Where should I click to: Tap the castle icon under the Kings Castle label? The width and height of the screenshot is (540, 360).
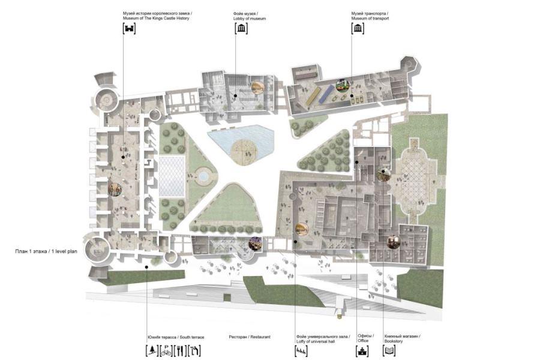coord(130,28)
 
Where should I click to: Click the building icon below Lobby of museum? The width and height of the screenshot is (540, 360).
coord(241,28)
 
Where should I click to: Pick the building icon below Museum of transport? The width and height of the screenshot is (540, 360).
coord(358,28)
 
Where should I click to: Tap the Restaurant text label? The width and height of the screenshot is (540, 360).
coord(250,337)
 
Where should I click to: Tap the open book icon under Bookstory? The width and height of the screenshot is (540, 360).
coord(389,350)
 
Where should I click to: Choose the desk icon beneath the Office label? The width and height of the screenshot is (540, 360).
coord(362,350)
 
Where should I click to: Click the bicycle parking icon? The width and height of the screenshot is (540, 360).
coord(166,350)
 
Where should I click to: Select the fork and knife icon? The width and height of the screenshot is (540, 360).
coord(180,350)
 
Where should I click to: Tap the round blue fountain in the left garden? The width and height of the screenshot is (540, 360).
coord(203,176)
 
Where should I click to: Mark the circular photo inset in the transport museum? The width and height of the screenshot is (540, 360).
coord(343,86)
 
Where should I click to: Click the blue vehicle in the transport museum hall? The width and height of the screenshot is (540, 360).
coord(325,94)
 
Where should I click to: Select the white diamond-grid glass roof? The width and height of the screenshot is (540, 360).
coord(172,176)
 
